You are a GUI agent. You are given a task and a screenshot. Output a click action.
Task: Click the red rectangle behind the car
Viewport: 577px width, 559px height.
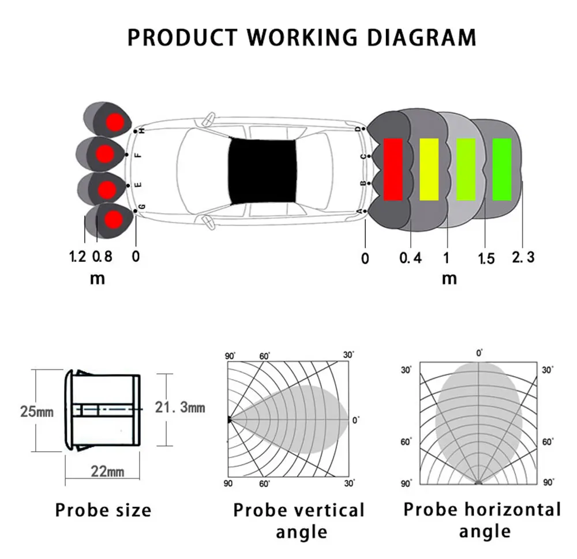393,169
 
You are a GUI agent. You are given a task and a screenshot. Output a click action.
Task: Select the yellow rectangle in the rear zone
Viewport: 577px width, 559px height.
429,169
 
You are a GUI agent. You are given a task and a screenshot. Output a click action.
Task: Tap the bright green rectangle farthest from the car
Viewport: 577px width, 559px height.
502,169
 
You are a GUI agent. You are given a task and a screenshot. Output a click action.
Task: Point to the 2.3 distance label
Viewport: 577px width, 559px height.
523,256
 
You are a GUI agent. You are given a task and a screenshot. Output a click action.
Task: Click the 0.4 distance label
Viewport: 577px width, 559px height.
410,257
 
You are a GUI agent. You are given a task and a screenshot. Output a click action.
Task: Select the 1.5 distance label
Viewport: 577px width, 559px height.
486,258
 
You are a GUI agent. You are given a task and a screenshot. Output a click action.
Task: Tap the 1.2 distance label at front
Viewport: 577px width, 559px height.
78,256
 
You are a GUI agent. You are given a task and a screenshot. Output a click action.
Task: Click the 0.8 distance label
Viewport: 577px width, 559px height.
102,256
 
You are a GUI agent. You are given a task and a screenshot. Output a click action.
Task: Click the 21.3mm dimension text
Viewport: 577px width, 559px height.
180,408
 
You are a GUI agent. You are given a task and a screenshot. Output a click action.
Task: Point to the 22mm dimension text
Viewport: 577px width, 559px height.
107,471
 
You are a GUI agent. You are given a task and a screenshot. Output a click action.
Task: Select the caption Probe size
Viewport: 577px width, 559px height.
103,510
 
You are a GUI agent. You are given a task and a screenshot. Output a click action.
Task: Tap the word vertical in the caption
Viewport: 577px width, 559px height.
329,510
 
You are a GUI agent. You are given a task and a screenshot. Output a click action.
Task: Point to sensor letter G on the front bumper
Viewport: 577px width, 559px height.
141,207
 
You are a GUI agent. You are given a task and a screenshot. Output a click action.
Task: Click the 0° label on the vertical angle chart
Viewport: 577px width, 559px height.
355,421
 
